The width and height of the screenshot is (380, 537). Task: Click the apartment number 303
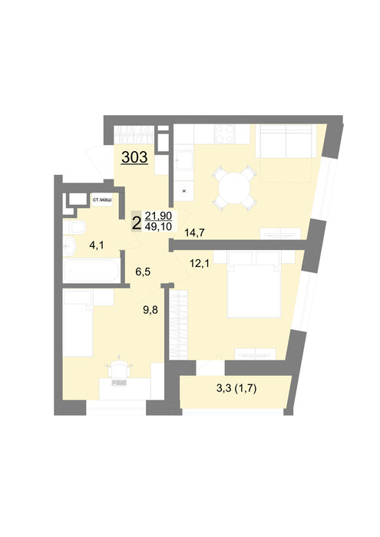pyautogui.click(x=134, y=157)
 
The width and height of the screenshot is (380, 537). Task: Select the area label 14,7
pyautogui.click(x=194, y=233)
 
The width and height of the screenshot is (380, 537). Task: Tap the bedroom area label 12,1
pyautogui.click(x=200, y=263)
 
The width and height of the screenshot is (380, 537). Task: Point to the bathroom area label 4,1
pyautogui.click(x=96, y=245)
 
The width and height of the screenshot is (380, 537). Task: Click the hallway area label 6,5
pyautogui.click(x=143, y=272)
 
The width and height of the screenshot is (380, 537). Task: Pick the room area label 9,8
pyautogui.click(x=150, y=310)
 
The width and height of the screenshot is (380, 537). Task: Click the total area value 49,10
pyautogui.click(x=158, y=226)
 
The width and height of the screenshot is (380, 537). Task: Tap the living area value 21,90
pyautogui.click(x=158, y=216)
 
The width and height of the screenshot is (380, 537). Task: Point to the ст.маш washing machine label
pyautogui.click(x=102, y=199)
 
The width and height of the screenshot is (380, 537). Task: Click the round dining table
pyautogui.click(x=235, y=188)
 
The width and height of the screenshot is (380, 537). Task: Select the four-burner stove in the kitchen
pyautogui.click(x=225, y=134)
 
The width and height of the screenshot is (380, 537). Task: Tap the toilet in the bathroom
pyautogui.click(x=74, y=227)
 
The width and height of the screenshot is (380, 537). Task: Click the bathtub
pyautogui.click(x=91, y=271)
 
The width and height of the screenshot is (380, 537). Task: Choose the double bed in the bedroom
pyautogui.click(x=254, y=284)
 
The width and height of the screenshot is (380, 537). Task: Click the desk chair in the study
pyautogui.click(x=119, y=369)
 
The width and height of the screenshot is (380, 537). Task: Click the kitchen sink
pyautogui.click(x=184, y=160)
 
